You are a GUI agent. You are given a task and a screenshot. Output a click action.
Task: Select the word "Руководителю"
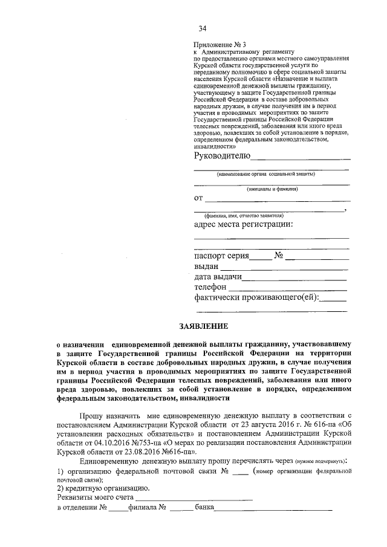point(221,156)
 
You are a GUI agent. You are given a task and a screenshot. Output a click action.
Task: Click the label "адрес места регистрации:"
point(243,225)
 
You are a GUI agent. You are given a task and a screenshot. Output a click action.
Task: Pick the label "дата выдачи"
point(218,277)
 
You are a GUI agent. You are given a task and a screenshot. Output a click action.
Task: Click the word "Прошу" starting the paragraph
point(89,416)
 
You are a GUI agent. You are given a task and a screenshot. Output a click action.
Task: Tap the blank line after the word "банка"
point(273,509)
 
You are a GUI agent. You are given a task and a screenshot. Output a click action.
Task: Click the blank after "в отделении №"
point(118,509)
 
